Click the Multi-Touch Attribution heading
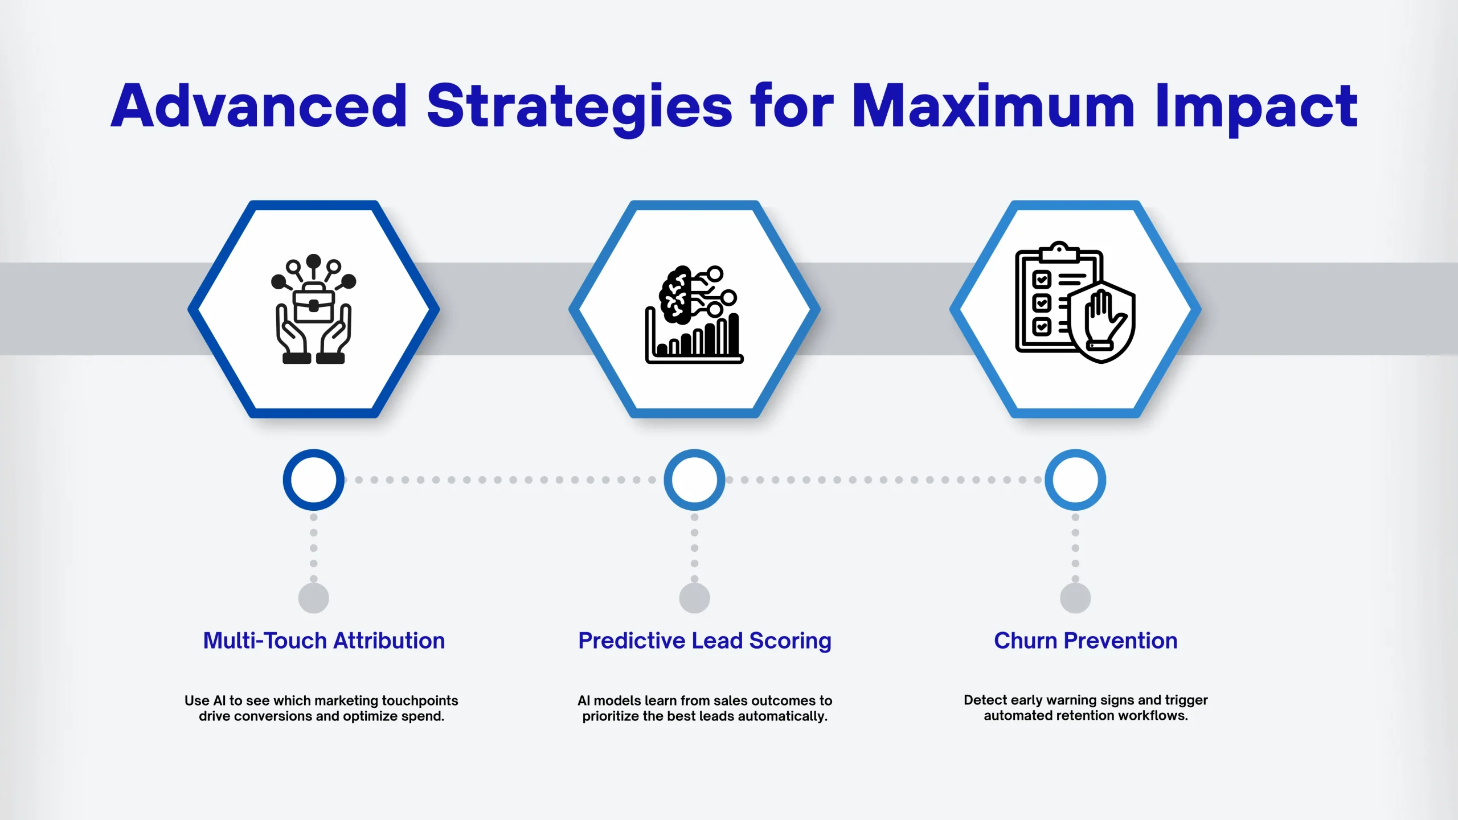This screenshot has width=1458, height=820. click(x=324, y=641)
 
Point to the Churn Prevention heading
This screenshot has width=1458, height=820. click(x=1086, y=641)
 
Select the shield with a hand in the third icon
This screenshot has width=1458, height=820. click(x=1102, y=322)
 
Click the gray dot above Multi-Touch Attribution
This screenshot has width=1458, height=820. click(x=314, y=598)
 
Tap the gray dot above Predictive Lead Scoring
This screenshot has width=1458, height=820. click(x=694, y=598)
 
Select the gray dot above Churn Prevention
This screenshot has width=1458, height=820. click(x=1075, y=598)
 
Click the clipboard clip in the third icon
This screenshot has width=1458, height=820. click(x=1059, y=252)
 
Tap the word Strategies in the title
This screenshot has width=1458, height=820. click(x=579, y=108)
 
